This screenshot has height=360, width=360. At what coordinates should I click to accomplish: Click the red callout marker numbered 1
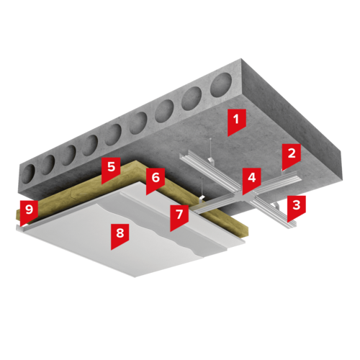(x=237, y=121)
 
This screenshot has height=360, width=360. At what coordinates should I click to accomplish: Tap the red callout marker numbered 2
(x=291, y=156)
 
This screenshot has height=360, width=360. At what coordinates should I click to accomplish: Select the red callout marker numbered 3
(x=297, y=207)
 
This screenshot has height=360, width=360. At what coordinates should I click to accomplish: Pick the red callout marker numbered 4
(x=251, y=180)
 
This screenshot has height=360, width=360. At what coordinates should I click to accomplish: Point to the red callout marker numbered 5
(x=111, y=169)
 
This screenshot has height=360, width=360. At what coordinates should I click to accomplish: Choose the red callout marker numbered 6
(x=156, y=180)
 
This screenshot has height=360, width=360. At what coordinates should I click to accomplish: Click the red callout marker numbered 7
(x=179, y=217)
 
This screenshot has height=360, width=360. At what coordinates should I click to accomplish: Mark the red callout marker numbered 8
(x=120, y=235)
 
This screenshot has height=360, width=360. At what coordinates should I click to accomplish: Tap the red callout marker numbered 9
(x=29, y=212)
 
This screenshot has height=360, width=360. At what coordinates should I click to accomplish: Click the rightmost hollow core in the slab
(x=221, y=85)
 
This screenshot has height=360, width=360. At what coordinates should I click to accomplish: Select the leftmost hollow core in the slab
(x=29, y=174)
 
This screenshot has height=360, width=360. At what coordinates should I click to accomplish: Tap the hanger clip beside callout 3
(x=276, y=206)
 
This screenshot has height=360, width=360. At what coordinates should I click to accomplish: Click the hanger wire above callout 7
(x=202, y=187)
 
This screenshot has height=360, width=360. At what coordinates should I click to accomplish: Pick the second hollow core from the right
(x=192, y=99)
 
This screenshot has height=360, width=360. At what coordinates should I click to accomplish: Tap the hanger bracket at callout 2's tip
(x=283, y=171)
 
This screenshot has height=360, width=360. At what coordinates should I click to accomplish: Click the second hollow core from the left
(x=48, y=165)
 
